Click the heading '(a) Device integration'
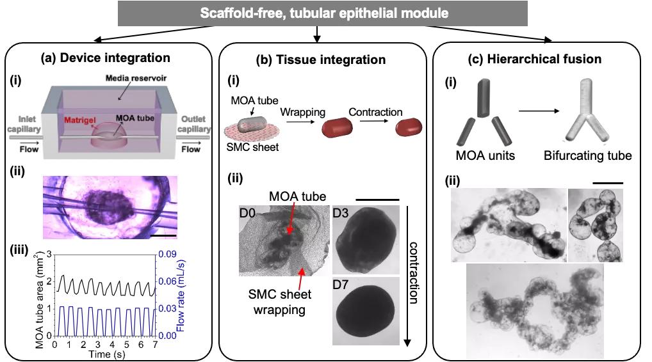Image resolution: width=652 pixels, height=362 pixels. tap(105, 58)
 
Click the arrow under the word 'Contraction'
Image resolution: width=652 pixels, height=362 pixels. tap(375, 125)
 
